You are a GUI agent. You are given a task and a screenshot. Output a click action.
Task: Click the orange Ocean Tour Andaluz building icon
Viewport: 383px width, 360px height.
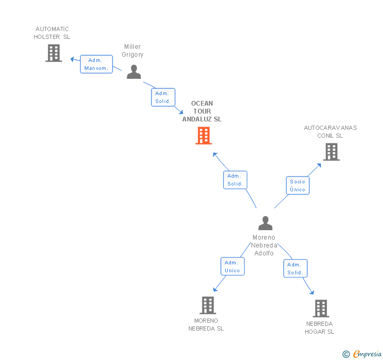(204, 136)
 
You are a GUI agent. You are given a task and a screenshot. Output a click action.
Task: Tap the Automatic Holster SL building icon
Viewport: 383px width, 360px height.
(54, 53)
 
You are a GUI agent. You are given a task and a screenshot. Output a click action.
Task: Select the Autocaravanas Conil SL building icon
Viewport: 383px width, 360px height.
(331, 152)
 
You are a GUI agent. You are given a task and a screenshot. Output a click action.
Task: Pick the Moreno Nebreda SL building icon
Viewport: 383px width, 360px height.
(208, 305)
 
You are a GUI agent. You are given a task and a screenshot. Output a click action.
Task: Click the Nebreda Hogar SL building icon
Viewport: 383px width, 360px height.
(320, 308)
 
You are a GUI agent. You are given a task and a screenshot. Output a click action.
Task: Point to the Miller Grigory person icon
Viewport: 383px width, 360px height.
(134, 71)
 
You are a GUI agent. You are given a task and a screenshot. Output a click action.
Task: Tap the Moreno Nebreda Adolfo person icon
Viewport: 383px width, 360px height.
(266, 223)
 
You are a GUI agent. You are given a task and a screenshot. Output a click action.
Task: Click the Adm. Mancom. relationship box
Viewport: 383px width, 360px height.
(96, 64)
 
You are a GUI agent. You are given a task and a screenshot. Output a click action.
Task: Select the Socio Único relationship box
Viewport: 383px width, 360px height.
(297, 186)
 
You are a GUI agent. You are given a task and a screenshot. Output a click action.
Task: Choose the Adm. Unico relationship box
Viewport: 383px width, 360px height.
(232, 266)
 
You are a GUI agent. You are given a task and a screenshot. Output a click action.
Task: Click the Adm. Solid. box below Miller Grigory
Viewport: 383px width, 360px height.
(163, 97)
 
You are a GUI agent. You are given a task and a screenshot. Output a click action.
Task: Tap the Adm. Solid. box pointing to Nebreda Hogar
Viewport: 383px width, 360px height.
(295, 269)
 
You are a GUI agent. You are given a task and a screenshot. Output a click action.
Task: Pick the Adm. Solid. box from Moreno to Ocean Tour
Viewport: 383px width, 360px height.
(235, 180)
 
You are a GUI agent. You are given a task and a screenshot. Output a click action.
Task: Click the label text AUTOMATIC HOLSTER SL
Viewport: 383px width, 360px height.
(52, 33)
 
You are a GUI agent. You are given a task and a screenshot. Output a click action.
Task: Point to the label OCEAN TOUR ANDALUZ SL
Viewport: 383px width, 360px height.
(202, 111)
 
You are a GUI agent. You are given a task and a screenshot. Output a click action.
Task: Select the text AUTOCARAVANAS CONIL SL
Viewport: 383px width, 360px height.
(330, 131)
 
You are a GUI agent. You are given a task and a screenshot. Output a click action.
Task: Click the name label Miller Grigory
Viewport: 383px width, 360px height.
(133, 50)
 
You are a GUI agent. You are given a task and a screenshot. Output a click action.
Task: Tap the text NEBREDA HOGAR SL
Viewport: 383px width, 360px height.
(319, 328)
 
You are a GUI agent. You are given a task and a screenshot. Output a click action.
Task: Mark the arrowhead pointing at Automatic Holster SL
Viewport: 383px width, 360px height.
(73, 58)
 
